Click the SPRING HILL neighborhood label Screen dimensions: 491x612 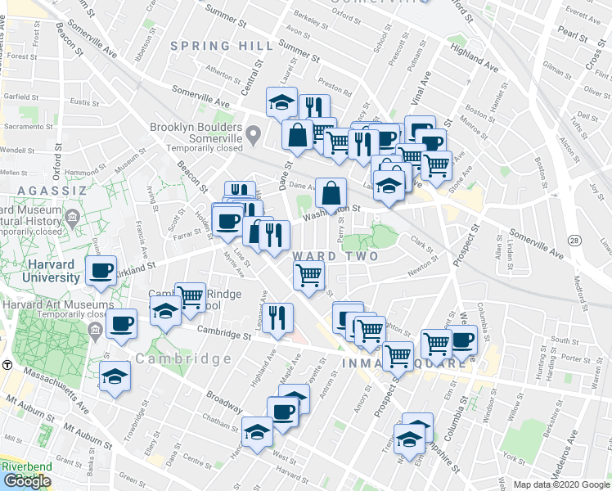pos(218,47)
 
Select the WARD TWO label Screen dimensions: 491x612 pos(335,256)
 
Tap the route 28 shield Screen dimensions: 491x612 pos(575,240)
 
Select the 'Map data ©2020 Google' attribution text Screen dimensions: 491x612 pos(561,484)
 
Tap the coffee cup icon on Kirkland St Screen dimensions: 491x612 pos(101,270)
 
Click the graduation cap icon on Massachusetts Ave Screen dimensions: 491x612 pos(115,377)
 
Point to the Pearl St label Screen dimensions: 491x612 pos(569,38)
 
